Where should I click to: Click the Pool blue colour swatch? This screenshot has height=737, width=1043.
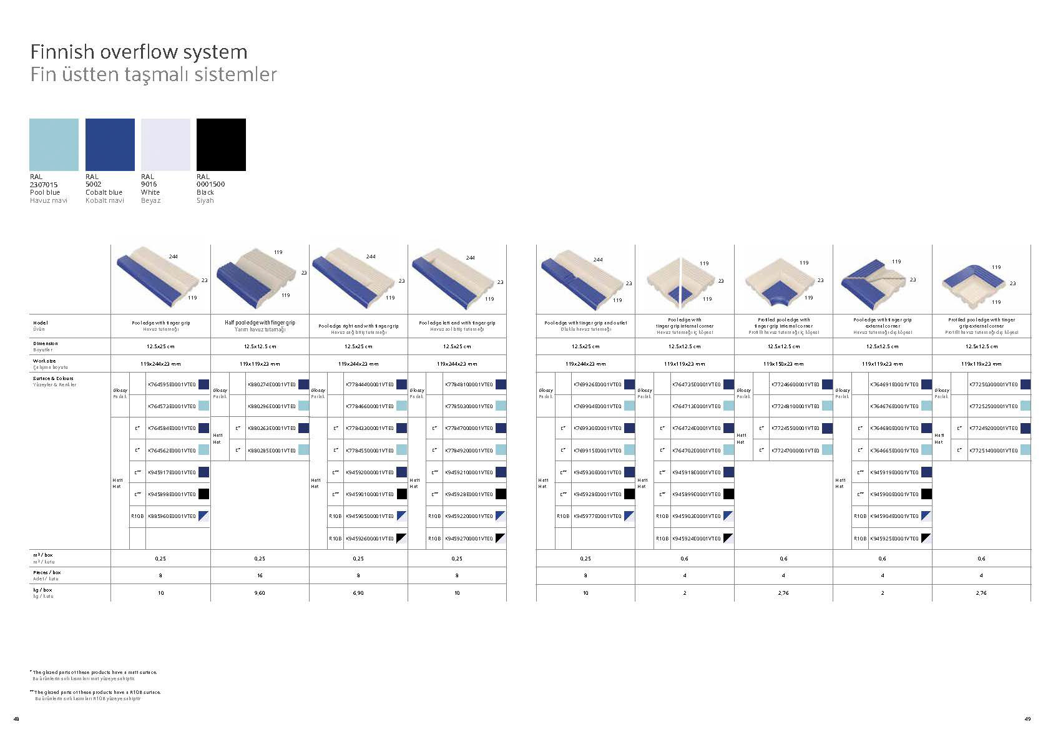click(x=54, y=144)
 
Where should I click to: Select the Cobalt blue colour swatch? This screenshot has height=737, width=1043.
click(x=110, y=144)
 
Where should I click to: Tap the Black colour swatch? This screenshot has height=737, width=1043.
click(x=221, y=144)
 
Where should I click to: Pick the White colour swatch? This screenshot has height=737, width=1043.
click(x=165, y=144)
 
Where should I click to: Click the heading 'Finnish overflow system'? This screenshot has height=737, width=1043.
click(x=139, y=51)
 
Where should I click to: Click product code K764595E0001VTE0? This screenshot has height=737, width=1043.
click(x=172, y=384)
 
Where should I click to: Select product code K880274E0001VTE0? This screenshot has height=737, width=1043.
click(x=272, y=384)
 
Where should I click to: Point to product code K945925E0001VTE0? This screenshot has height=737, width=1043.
click(x=894, y=538)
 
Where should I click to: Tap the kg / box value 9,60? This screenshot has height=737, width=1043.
click(x=260, y=593)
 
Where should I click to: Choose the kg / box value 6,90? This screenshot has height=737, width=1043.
click(x=358, y=593)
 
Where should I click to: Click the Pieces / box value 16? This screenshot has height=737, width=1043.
click(x=260, y=575)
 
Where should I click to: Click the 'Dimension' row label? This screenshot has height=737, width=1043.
click(x=46, y=343)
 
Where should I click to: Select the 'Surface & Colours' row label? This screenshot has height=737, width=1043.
click(x=53, y=378)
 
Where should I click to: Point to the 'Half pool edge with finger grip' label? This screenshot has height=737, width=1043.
click(x=260, y=323)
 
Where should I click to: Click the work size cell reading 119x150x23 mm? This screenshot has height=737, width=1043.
click(x=783, y=364)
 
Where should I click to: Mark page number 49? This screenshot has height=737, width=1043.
click(x=1027, y=719)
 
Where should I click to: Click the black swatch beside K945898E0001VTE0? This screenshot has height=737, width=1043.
click(x=203, y=494)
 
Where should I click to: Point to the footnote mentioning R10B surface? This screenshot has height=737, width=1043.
click(x=97, y=692)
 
